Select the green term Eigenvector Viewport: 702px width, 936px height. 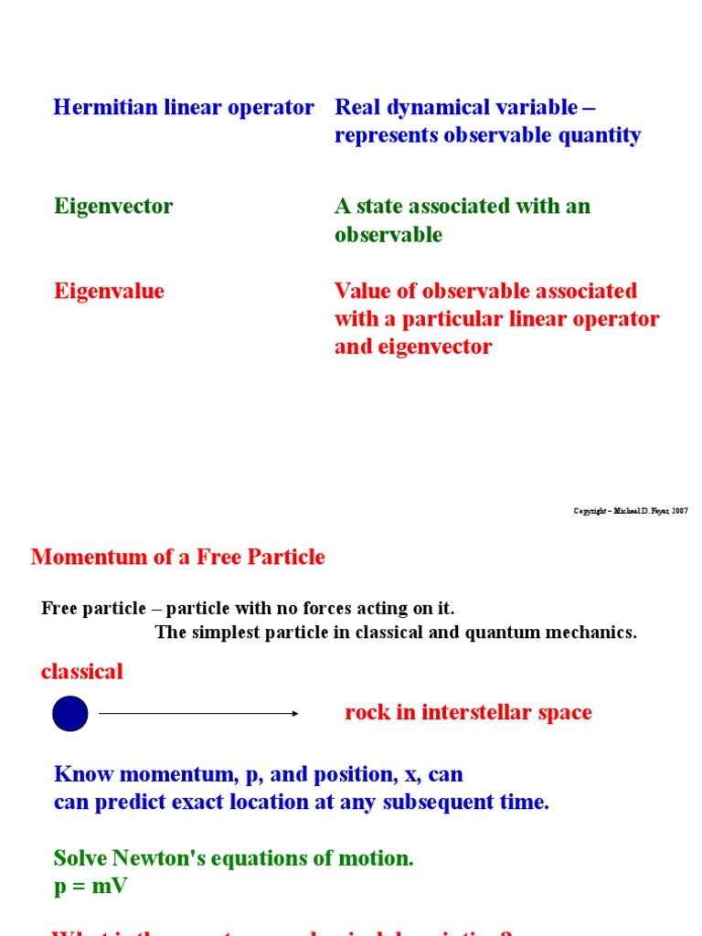(113, 207)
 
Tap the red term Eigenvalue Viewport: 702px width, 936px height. (109, 292)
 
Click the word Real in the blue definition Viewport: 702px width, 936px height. (356, 108)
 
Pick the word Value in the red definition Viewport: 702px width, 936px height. (362, 292)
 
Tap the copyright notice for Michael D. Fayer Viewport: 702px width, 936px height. (631, 511)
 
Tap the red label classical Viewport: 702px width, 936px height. (81, 673)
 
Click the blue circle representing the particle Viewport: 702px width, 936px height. (70, 713)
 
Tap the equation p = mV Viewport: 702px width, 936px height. (90, 887)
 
